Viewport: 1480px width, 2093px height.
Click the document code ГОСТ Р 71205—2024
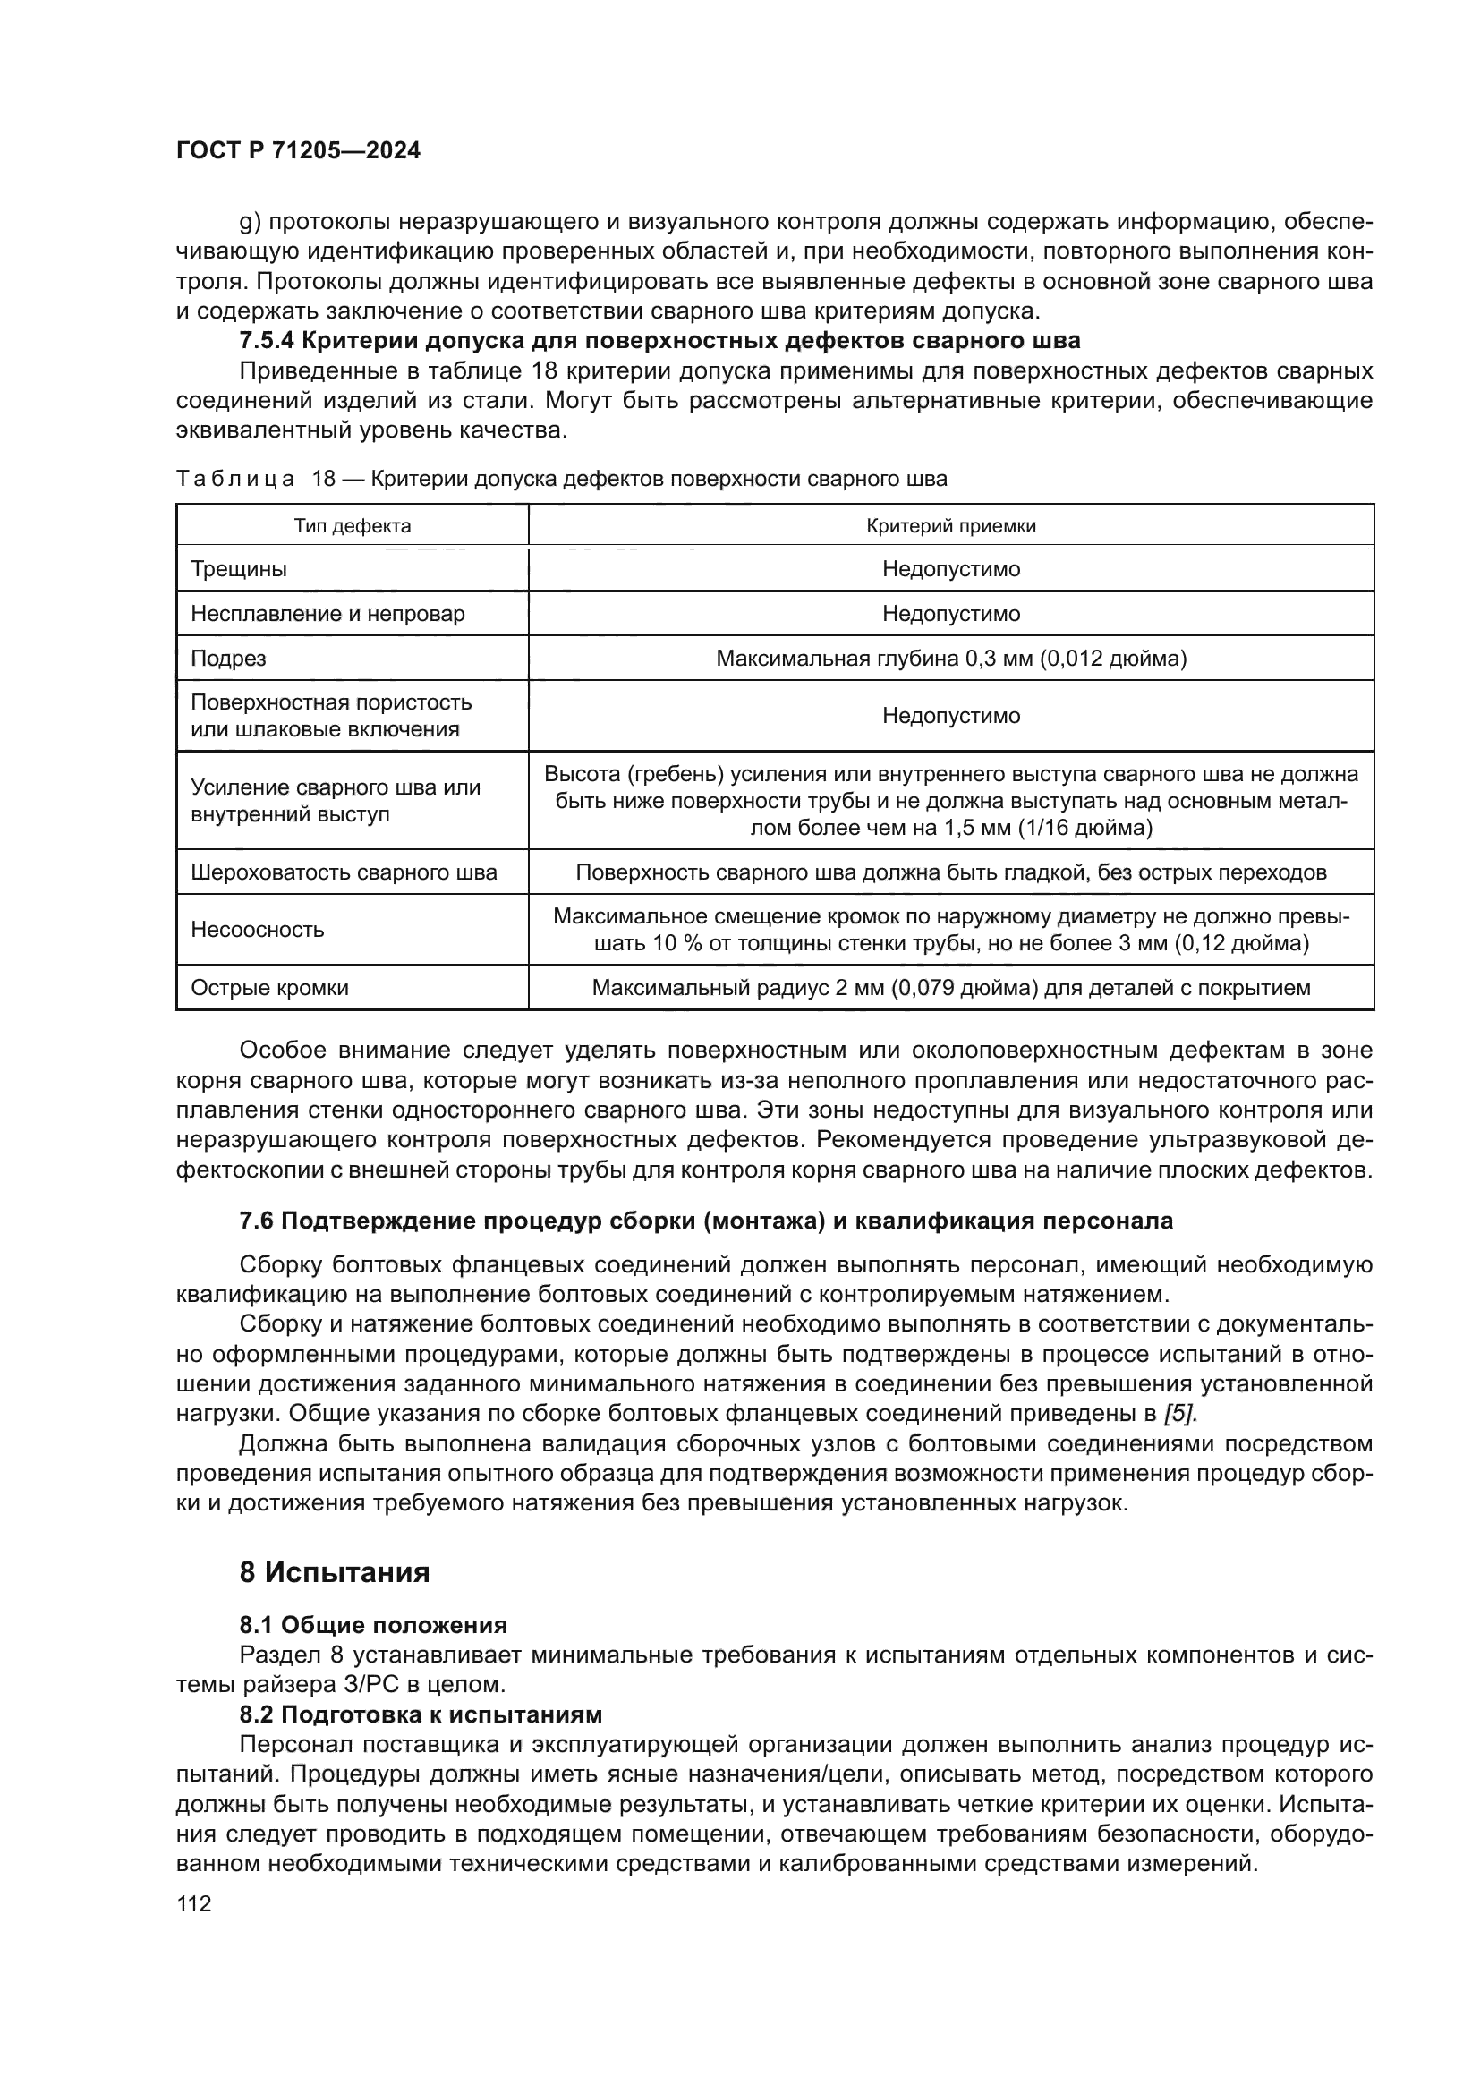(x=298, y=151)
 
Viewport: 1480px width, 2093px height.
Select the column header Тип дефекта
(x=352, y=526)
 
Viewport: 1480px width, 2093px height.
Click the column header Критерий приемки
(x=950, y=526)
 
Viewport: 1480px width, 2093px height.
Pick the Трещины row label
(x=239, y=570)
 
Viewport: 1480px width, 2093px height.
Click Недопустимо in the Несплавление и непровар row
(x=950, y=614)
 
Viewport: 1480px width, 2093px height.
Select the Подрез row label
(x=228, y=659)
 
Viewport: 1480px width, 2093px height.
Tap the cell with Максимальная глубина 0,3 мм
(x=950, y=659)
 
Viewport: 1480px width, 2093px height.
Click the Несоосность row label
(x=257, y=930)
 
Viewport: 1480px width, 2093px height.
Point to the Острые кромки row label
(x=268, y=988)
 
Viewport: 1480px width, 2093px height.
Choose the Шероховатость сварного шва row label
(x=344, y=872)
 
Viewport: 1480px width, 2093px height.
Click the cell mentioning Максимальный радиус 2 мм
(x=950, y=988)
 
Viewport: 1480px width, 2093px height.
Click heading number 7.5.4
(x=266, y=341)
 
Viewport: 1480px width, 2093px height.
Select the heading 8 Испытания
(x=334, y=1572)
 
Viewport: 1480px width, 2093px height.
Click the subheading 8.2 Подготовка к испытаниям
(x=421, y=1714)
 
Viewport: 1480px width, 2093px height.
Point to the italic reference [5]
(x=1179, y=1414)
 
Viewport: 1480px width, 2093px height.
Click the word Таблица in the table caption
(x=234, y=480)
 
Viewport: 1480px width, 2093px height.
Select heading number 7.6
(x=256, y=1221)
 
